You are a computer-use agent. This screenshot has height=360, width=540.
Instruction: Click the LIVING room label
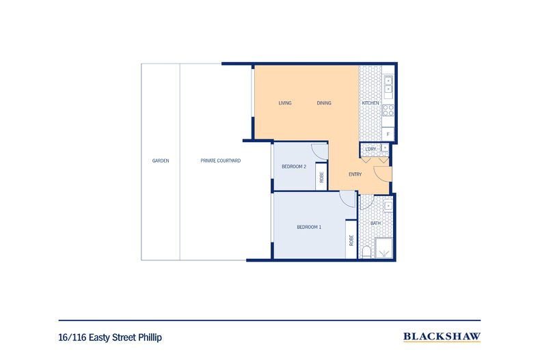tap(285, 103)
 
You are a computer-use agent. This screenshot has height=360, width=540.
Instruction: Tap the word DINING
tap(324, 103)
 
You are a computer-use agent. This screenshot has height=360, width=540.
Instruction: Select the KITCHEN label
tap(370, 103)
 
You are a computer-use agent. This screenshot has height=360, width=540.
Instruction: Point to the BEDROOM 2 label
tap(294, 167)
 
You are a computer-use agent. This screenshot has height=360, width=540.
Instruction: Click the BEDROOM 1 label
tap(309, 227)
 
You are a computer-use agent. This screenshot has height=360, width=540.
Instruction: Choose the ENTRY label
tap(355, 174)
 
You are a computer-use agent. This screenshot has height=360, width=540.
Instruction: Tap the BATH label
tap(375, 223)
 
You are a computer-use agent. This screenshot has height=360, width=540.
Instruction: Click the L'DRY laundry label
tap(370, 149)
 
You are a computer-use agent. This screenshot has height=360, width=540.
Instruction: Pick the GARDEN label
tap(161, 161)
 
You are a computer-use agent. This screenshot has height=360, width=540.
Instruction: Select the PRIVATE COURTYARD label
tap(220, 161)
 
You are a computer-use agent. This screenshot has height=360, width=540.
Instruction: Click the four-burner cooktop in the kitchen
tap(388, 111)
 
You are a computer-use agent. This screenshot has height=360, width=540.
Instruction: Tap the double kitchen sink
tap(388, 85)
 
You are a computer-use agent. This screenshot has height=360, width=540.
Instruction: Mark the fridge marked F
tap(388, 134)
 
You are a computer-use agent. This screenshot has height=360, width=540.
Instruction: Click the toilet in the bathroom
tap(366, 253)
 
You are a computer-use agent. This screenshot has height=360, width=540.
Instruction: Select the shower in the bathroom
tap(383, 248)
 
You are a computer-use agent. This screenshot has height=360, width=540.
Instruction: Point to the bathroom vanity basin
tap(388, 206)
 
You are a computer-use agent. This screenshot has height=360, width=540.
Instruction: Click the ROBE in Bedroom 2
tap(321, 177)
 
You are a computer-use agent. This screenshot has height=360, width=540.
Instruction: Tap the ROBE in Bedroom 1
tap(351, 240)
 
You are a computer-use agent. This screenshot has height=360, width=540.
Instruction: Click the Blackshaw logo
tap(442, 337)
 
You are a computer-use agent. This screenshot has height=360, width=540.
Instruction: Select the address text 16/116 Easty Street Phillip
tap(110, 337)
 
